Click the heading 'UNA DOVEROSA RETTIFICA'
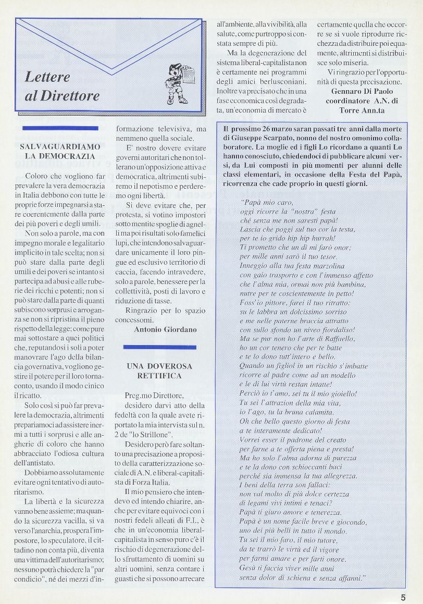pyautogui.click(x=159, y=371)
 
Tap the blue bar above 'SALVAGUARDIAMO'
pyautogui.click(x=60, y=128)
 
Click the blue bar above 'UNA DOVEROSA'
pyautogui.click(x=159, y=347)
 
